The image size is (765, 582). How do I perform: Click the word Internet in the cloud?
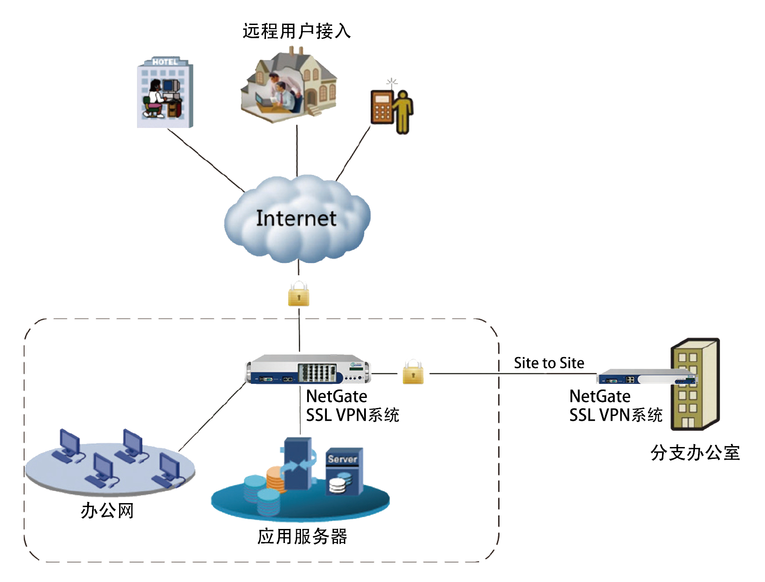coord(296,218)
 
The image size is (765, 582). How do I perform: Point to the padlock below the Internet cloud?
coord(299,294)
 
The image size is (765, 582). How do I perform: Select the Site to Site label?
coord(549,363)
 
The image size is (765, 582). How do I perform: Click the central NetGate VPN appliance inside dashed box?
coord(308,369)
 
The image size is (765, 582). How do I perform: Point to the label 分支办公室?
coord(695,453)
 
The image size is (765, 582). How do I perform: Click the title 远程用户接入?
coord(297,31)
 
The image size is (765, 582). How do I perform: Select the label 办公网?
coord(107,511)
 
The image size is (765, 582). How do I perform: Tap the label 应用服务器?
coord(302,536)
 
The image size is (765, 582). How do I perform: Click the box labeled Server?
coord(344,471)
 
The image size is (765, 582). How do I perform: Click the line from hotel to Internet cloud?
coord(206,160)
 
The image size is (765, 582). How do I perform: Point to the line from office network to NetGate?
coord(212,416)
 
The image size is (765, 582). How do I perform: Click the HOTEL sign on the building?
coord(165,62)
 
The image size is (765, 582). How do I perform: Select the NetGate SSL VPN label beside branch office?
coord(616,405)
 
